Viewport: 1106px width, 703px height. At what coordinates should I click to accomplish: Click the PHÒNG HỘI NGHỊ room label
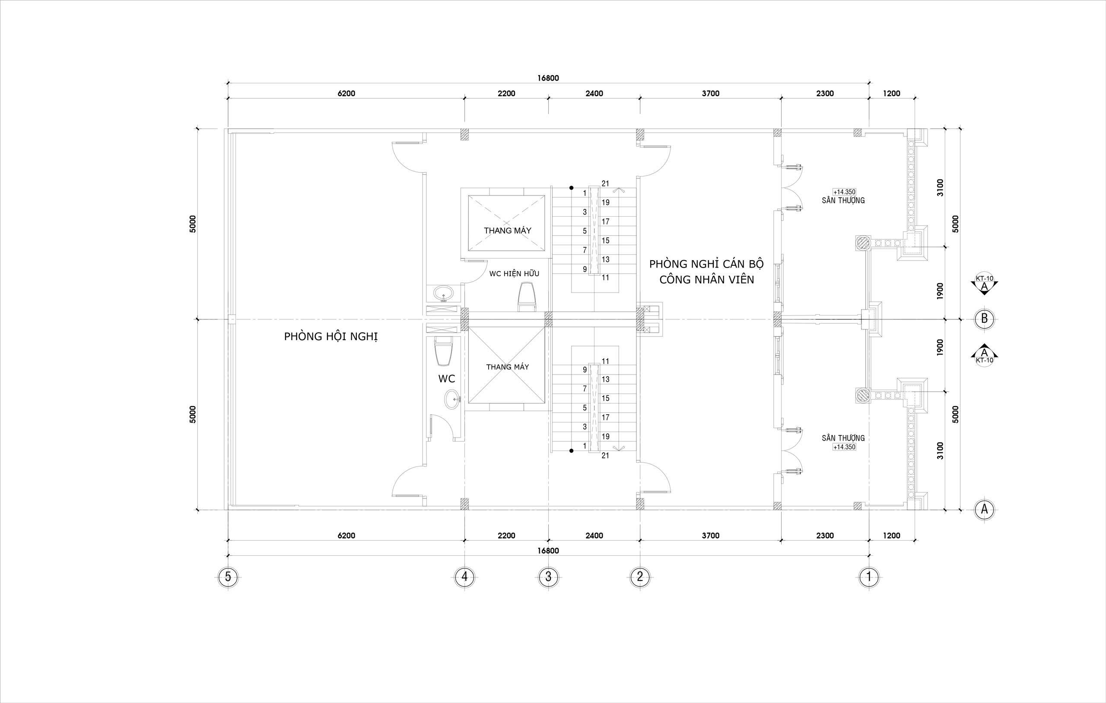tap(331, 337)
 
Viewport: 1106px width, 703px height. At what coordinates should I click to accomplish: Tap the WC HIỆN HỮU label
tap(514, 274)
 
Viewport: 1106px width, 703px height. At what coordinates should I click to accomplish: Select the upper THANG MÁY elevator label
tap(507, 230)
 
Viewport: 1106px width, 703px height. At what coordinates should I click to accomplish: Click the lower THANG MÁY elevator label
tap(508, 367)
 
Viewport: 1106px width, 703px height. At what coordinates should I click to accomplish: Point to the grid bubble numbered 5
tap(228, 576)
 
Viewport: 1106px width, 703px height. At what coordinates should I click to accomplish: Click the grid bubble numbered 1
tap(868, 576)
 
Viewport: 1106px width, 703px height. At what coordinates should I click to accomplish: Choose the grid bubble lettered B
tap(984, 318)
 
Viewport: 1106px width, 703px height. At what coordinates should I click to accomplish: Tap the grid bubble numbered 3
tap(548, 576)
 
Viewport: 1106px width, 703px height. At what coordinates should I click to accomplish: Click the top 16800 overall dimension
tap(548, 78)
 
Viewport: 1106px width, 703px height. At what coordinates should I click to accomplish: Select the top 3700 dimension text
tap(711, 94)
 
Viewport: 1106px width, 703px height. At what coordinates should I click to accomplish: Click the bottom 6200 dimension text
tap(346, 536)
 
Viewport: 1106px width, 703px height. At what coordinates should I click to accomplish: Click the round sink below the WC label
tap(130, 399)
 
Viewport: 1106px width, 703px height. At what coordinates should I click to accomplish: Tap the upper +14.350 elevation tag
tap(844, 192)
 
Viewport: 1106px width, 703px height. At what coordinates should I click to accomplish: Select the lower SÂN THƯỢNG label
tap(843, 438)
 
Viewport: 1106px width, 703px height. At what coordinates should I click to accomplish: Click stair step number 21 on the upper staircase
tap(605, 183)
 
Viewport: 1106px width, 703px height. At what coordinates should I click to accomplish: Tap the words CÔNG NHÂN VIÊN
tap(707, 280)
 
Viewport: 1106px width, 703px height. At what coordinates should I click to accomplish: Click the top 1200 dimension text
tap(892, 94)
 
